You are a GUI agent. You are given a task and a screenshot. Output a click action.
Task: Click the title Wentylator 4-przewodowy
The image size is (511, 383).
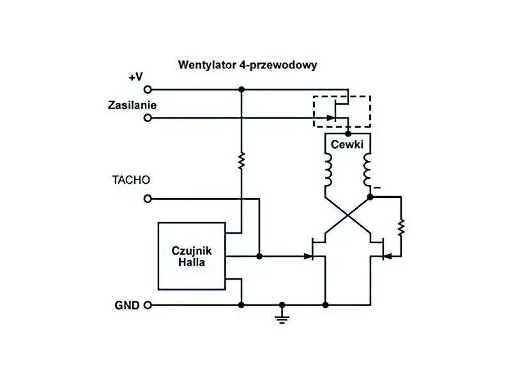click(x=247, y=65)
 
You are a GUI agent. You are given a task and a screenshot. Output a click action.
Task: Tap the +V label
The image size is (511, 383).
click(x=135, y=77)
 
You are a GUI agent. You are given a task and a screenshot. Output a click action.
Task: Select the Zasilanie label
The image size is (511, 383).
click(x=132, y=105)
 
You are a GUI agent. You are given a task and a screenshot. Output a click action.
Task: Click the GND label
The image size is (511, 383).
click(x=126, y=305)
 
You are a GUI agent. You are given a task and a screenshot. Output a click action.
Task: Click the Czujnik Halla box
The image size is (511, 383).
click(x=192, y=256)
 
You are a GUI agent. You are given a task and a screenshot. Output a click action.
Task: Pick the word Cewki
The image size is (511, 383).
click(x=347, y=144)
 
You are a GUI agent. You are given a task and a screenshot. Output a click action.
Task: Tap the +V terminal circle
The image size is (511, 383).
click(x=148, y=90)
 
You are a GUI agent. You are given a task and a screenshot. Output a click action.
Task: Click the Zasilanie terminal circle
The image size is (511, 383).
click(x=148, y=118)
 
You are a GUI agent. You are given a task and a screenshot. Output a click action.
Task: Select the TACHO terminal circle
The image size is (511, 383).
click(x=148, y=199)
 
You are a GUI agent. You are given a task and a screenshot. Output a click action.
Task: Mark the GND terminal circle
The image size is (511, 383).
click(x=148, y=305)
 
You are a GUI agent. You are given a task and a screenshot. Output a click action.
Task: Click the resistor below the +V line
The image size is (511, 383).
click(x=241, y=160)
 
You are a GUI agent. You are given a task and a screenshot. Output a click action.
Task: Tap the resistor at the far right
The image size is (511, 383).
click(x=400, y=227)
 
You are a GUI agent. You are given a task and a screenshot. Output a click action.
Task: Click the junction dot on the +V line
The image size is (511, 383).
click(x=241, y=90)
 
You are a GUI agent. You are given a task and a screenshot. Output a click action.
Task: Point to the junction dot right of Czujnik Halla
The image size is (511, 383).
click(x=259, y=257)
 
